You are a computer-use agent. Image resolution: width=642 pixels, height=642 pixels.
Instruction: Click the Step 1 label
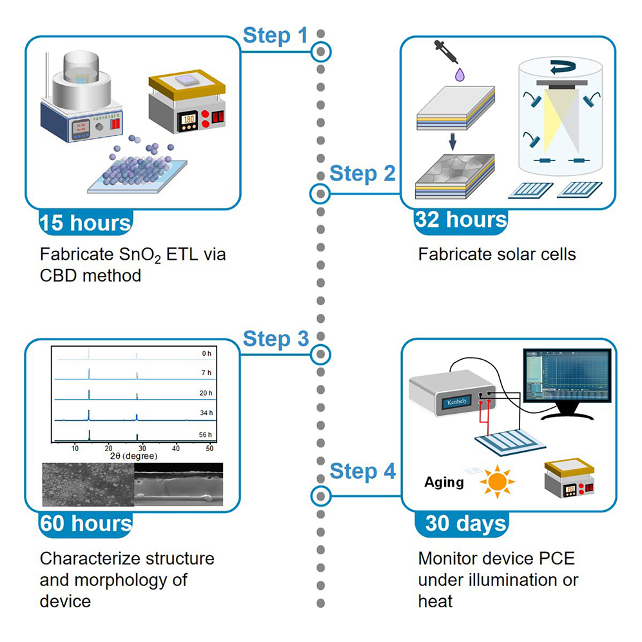(x=275, y=36)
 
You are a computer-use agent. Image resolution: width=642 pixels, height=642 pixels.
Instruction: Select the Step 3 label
(x=275, y=339)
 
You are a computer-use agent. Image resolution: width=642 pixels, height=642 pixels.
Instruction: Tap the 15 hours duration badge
(x=85, y=223)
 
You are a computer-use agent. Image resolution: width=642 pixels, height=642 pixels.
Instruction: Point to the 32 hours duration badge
(x=461, y=220)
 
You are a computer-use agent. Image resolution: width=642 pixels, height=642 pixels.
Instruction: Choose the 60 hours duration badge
(x=85, y=524)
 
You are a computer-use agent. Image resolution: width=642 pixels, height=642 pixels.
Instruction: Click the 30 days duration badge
(x=465, y=524)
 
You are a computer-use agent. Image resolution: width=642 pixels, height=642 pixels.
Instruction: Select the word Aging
(x=443, y=483)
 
